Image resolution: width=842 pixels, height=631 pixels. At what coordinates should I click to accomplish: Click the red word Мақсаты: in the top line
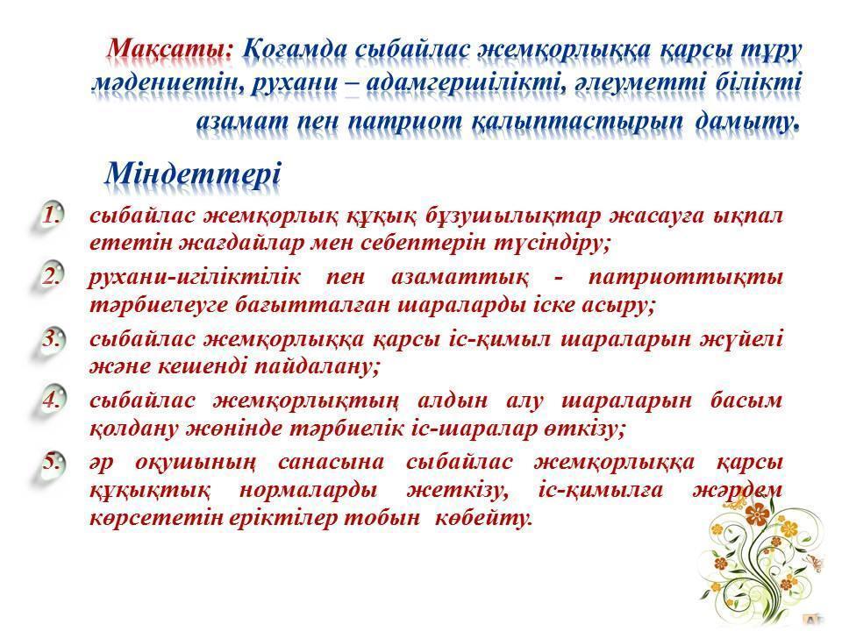[170, 49]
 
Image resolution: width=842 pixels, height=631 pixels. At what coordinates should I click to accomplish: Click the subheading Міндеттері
[193, 174]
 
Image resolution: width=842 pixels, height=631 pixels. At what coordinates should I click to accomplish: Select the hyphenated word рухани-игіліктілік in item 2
[194, 278]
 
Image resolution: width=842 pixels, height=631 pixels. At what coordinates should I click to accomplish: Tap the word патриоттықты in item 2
[686, 278]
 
